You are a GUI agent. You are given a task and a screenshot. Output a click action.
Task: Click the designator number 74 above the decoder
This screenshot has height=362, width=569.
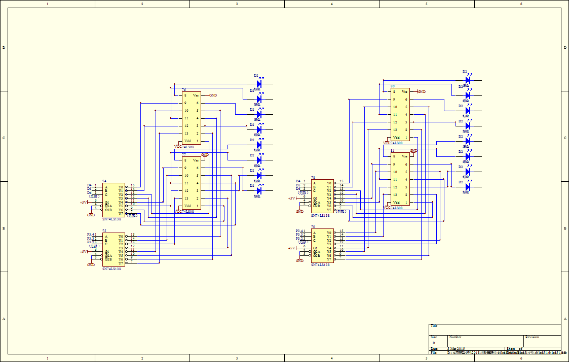(104, 181)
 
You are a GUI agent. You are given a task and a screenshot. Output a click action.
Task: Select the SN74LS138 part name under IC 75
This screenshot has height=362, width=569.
(111, 269)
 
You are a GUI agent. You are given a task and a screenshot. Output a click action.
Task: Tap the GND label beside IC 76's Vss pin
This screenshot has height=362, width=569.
(213, 95)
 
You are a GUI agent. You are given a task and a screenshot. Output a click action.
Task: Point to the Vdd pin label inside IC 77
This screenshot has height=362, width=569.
(187, 206)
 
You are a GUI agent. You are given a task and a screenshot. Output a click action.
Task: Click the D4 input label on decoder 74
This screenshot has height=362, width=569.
(89, 185)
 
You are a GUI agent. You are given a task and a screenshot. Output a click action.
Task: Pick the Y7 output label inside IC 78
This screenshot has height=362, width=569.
(329, 210)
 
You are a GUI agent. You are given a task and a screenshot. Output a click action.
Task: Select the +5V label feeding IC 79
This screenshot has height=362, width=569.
(292, 248)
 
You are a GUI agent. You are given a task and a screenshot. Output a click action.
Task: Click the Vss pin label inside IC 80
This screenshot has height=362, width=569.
(404, 91)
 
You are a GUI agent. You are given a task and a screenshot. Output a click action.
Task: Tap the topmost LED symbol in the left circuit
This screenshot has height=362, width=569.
(259, 84)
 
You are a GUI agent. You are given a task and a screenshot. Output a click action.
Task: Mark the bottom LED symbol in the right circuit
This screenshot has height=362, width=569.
(468, 187)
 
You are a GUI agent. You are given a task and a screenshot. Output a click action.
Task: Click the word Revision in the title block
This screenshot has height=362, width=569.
(532, 337)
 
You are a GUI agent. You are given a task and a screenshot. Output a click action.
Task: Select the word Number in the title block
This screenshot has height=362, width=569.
(455, 337)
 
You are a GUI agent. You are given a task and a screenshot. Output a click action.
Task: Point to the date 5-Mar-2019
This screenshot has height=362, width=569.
(457, 349)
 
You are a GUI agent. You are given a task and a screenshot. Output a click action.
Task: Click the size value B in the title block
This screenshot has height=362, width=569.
(434, 343)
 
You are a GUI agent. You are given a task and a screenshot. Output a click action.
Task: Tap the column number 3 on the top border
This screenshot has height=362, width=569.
(237, 4)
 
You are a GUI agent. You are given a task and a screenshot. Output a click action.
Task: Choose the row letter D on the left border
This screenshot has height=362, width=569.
(4, 48)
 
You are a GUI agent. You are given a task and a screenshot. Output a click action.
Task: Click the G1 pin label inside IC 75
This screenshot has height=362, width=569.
(107, 252)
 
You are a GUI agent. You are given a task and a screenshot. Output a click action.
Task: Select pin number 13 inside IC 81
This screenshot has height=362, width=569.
(395, 195)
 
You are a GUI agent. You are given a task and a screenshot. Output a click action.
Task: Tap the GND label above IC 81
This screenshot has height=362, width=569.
(413, 151)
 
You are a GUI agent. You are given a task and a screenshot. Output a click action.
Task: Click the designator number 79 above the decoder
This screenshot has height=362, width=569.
(313, 227)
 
